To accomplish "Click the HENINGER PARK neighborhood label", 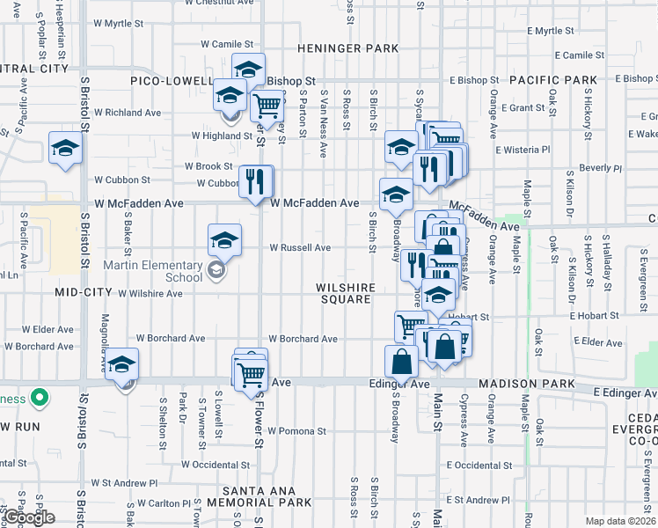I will click(347, 48).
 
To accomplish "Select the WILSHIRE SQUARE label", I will click(347, 293).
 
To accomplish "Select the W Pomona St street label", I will click(297, 431).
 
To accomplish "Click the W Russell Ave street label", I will click(300, 248).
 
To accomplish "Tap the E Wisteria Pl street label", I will click(523, 150).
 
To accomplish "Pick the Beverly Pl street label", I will click(600, 167).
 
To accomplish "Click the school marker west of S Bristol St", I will click(65, 149).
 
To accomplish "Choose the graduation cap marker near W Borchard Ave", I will click(122, 365).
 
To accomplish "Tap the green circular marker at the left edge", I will click(39, 399).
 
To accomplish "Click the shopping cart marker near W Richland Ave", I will click(267, 106).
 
